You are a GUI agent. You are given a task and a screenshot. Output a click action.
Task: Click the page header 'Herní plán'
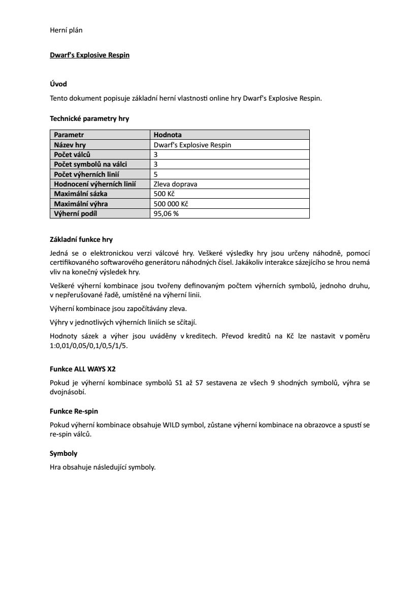coord(66,30)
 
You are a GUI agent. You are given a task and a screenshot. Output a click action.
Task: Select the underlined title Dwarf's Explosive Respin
coord(89,55)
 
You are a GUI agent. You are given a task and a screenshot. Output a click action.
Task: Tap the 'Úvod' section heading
coord(58,84)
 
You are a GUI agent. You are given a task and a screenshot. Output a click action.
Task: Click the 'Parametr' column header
coord(69,135)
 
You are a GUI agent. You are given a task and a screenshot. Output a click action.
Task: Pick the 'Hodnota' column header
coord(168,135)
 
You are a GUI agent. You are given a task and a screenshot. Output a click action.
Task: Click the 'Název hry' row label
coord(70,145)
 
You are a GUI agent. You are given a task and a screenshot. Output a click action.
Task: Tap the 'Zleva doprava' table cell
coord(175,184)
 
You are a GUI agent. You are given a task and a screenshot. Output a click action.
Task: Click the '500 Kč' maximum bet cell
coord(164,194)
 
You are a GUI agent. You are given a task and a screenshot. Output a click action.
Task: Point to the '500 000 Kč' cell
coord(171,204)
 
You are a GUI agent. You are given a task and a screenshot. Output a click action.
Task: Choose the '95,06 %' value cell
coord(166,213)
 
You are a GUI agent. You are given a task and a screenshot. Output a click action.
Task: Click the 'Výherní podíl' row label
coord(75,213)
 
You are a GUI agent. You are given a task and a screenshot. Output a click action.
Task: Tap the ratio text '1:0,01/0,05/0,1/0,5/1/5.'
coord(89,346)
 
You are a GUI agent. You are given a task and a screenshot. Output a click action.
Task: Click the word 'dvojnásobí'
coord(68,392)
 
